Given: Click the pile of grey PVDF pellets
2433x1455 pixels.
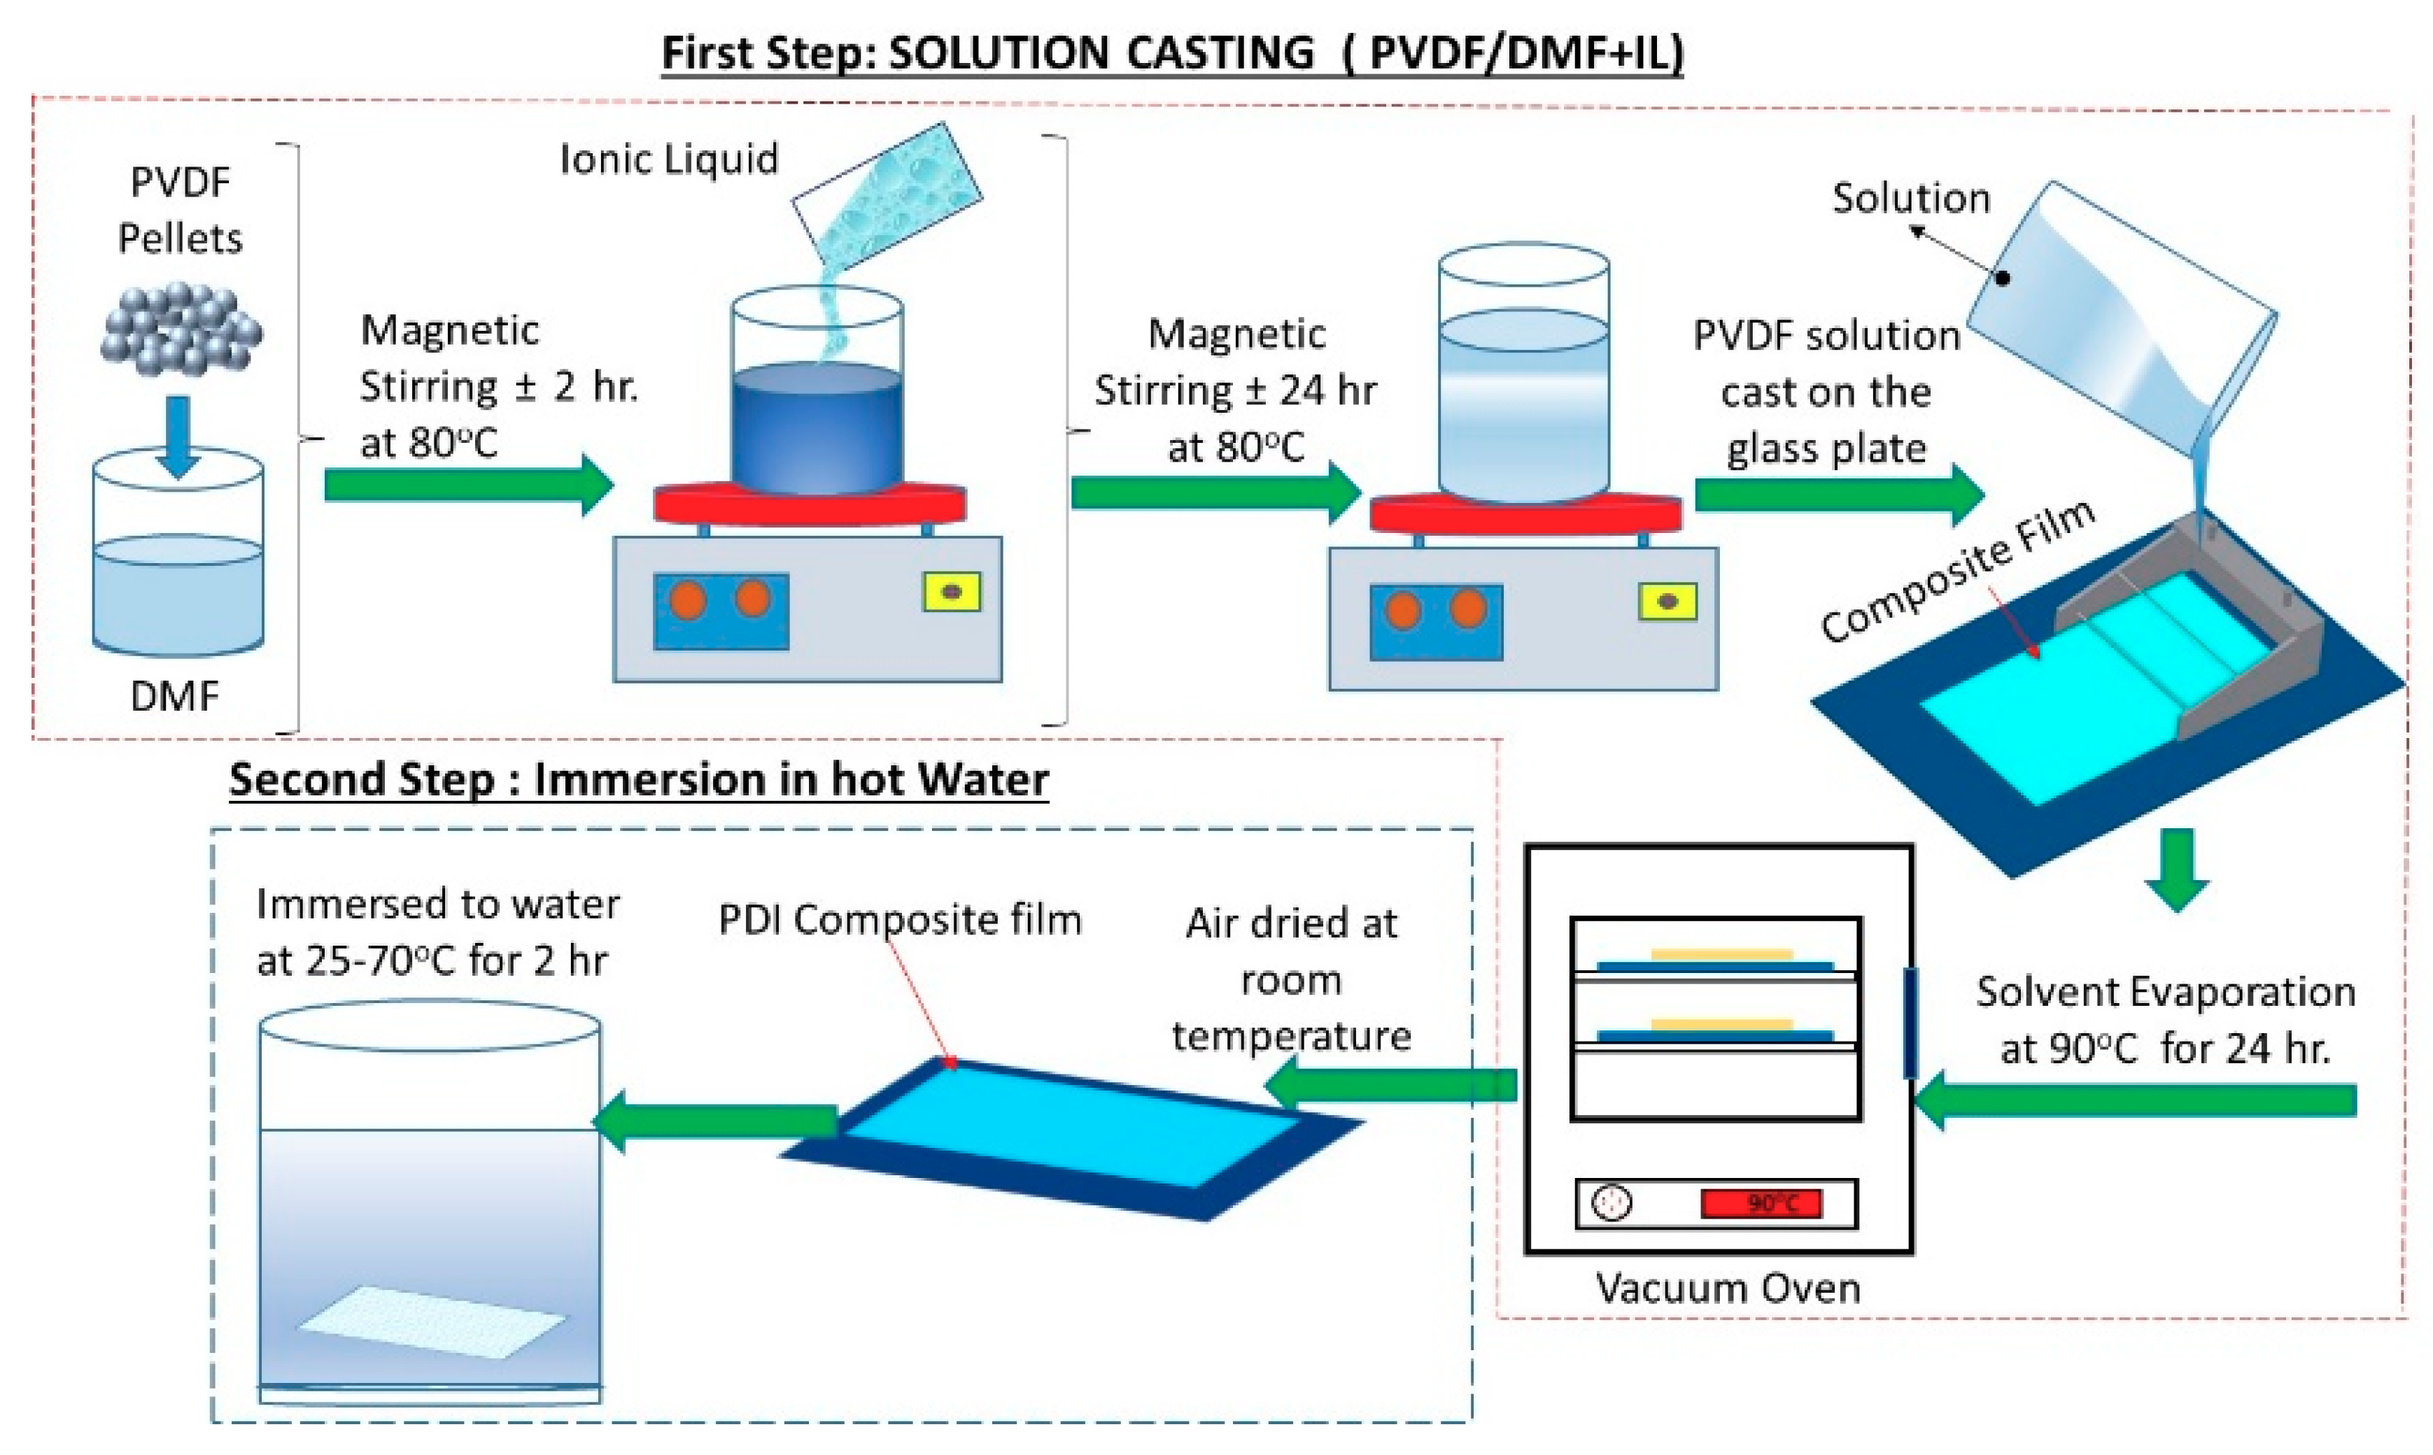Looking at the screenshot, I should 181,329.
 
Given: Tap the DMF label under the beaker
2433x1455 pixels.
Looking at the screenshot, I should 174,696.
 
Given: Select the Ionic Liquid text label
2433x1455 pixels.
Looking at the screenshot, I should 669,159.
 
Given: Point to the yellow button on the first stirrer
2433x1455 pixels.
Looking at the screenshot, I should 951,592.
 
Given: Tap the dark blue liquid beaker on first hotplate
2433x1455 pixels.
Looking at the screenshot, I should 816,427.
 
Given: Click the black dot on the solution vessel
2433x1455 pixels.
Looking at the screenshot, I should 2003,278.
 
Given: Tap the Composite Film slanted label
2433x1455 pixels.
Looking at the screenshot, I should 1957,571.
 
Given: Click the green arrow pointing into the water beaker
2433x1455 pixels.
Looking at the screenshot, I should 716,1121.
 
